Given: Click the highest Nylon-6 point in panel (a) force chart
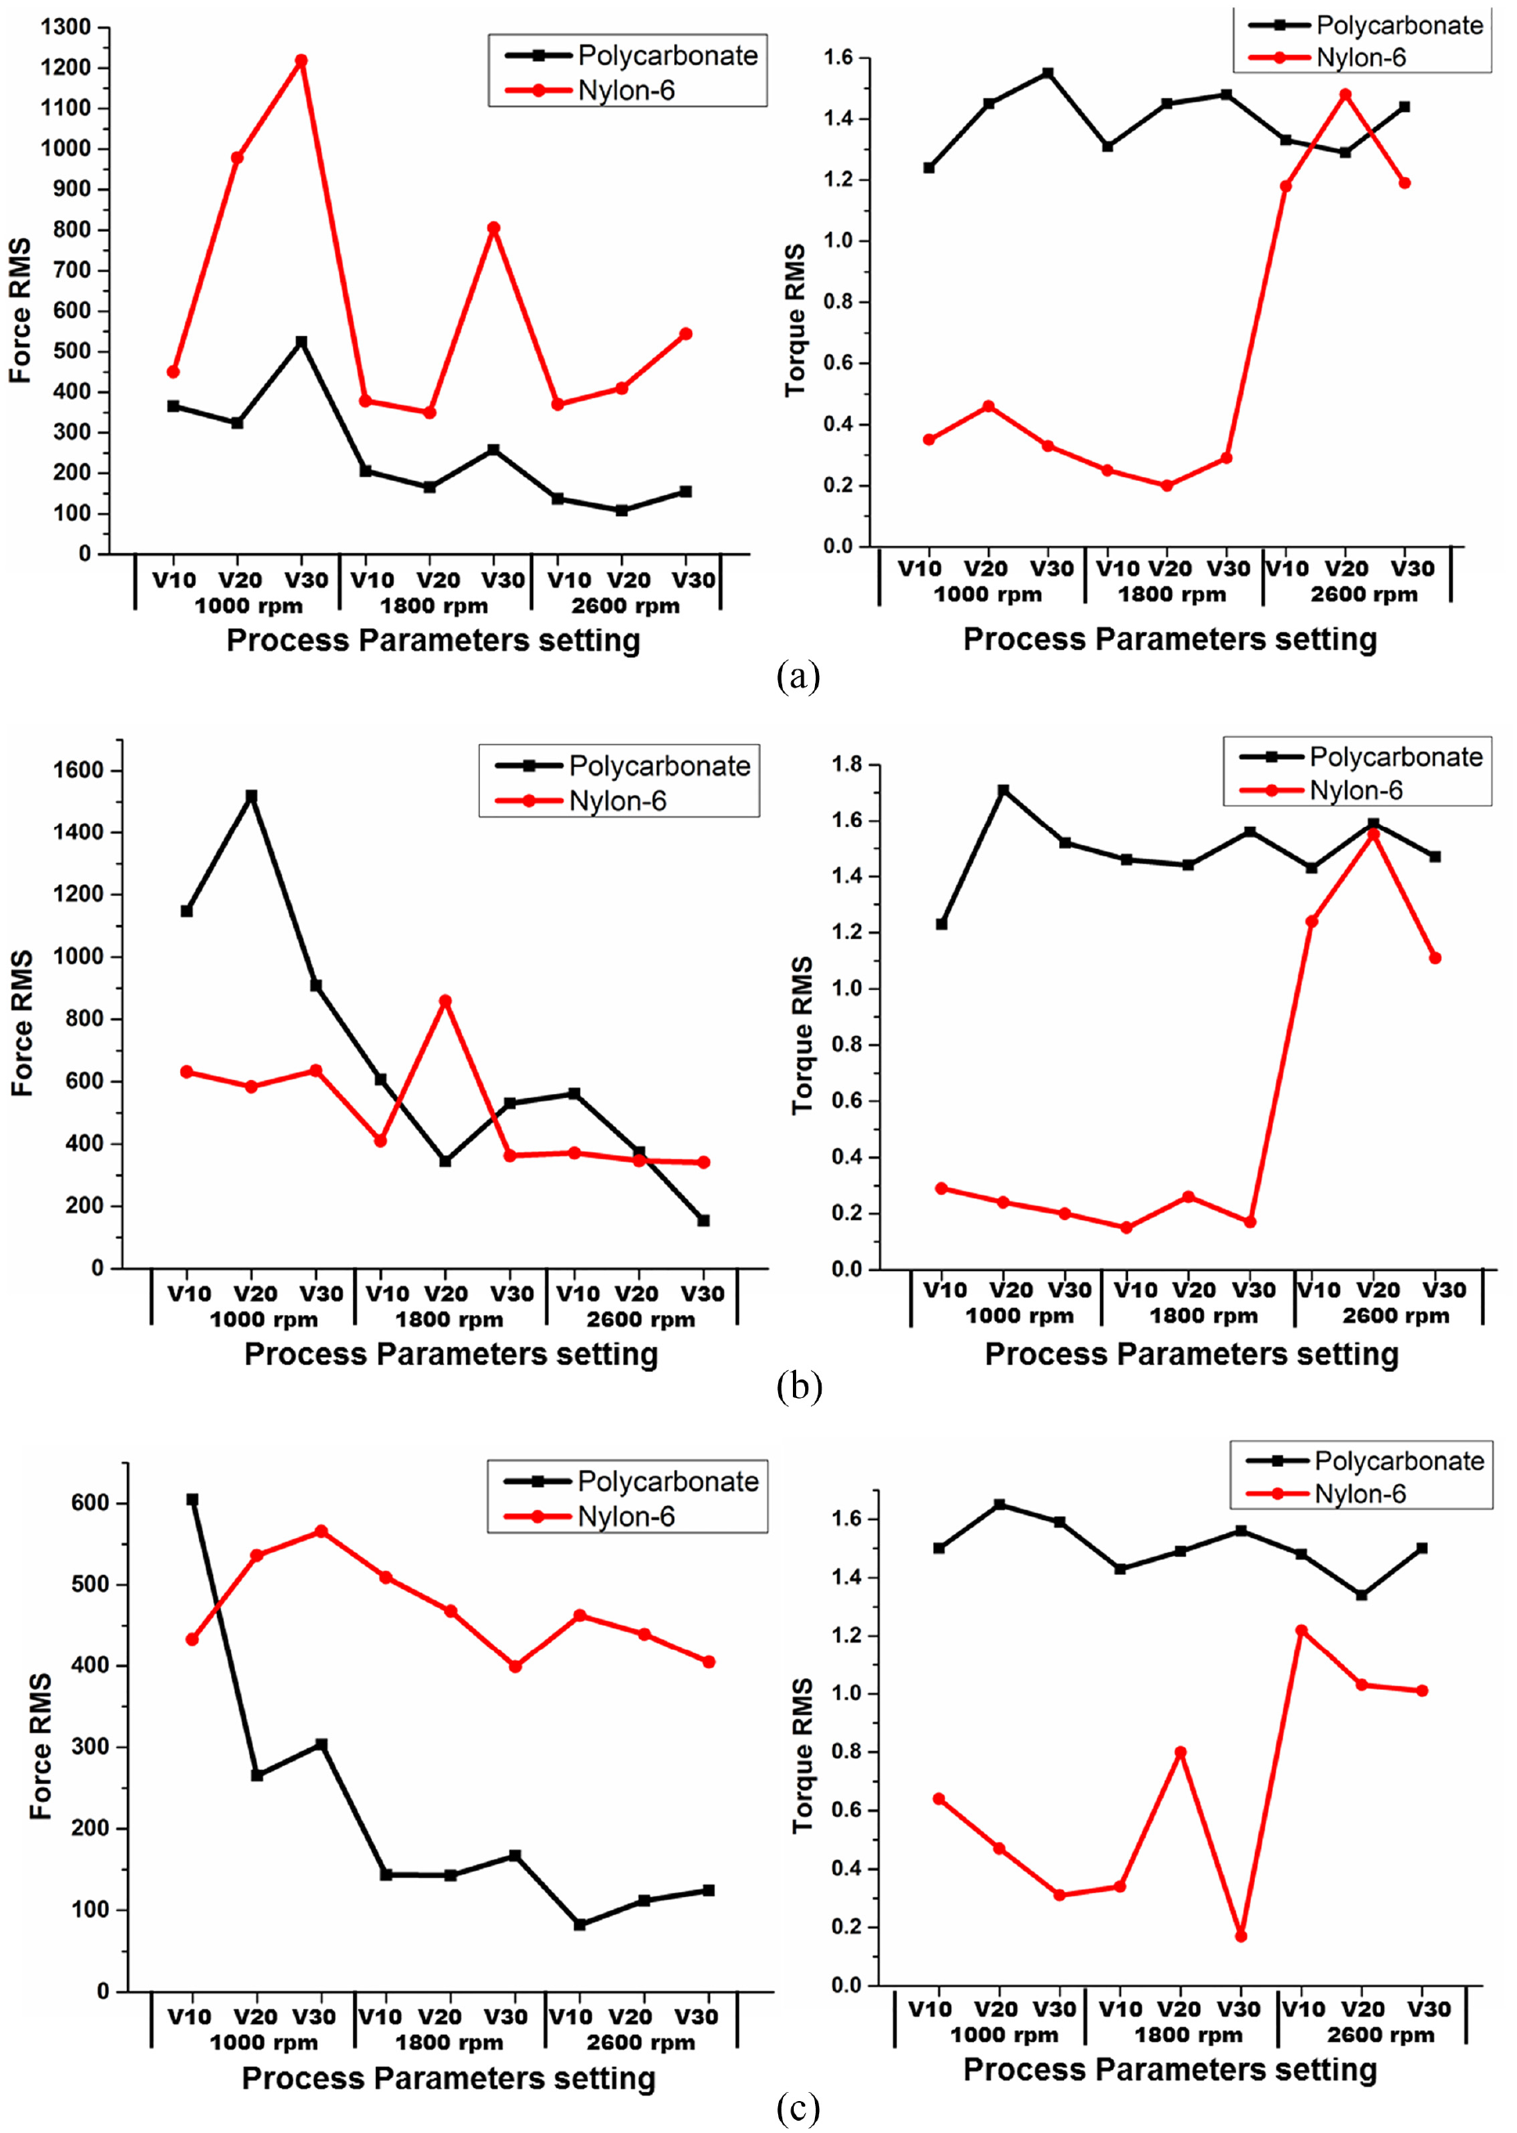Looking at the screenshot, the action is tap(301, 61).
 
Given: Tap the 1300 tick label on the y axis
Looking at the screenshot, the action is tap(66, 27).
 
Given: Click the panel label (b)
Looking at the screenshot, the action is tap(799, 1386).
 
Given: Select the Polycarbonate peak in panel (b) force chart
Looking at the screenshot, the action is tap(251, 796).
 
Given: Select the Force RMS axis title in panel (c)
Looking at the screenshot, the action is tap(40, 1745).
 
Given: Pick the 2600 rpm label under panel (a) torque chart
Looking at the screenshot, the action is tap(1364, 594).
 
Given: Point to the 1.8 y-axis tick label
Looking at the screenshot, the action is tap(849, 765).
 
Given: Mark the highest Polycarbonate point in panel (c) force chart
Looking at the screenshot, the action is tap(192, 1500).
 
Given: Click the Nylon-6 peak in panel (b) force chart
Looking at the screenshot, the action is tap(445, 1001).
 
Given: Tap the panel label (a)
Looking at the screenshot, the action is tap(798, 674).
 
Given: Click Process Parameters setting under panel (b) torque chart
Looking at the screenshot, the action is tap(1192, 1354).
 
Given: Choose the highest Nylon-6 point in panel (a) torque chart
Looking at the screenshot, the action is tap(1345, 94).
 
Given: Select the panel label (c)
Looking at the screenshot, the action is tap(798, 2108).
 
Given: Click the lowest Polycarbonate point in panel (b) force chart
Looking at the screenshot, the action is tap(704, 1220).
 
